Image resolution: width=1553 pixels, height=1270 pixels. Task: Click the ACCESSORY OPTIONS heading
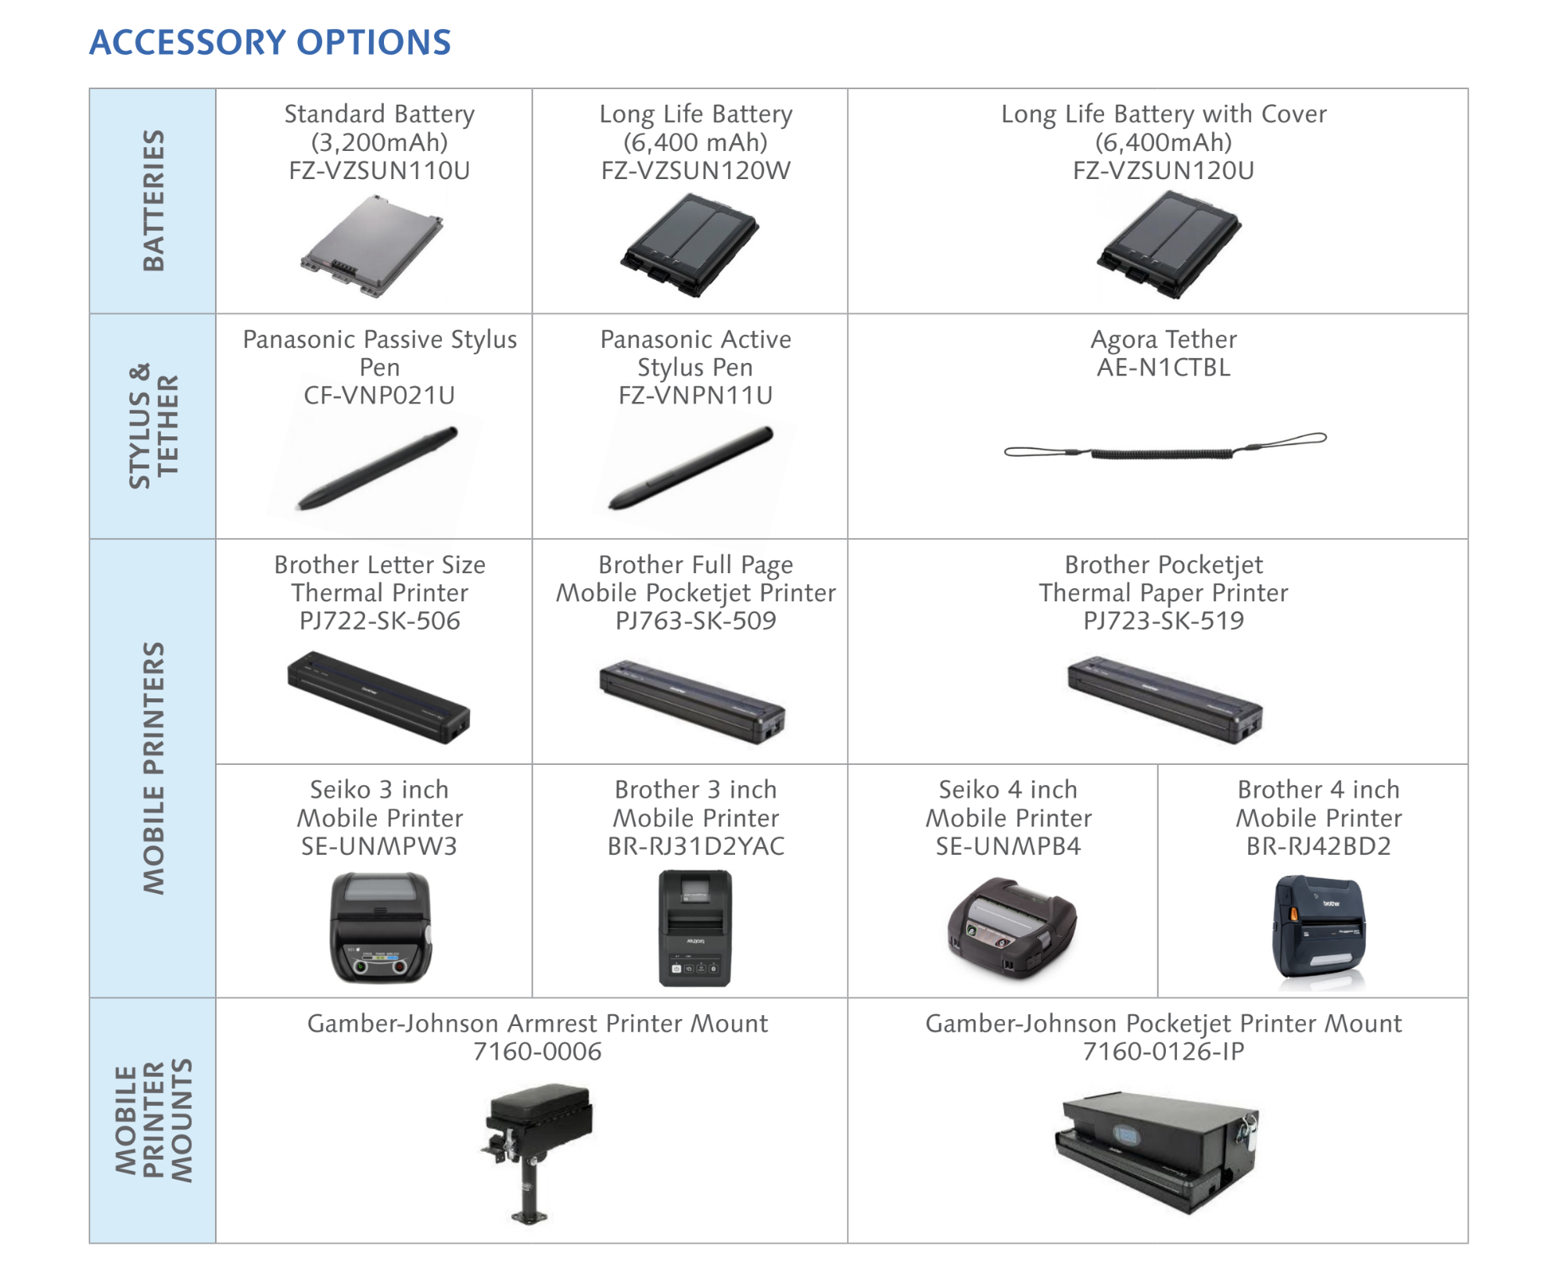point(270,42)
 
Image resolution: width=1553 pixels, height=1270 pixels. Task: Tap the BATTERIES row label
point(153,201)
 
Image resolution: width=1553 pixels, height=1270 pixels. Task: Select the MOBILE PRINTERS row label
point(153,767)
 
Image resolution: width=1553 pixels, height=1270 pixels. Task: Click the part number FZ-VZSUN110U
point(379,170)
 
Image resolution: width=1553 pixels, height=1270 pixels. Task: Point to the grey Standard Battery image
point(372,246)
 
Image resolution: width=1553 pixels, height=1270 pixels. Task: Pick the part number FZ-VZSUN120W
point(695,170)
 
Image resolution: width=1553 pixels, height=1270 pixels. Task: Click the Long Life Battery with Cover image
point(1168,246)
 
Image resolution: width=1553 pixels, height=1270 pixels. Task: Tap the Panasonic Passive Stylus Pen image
point(378,468)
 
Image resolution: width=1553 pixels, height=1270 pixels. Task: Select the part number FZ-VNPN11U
point(695,396)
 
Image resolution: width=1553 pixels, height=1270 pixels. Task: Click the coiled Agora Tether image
point(1165,446)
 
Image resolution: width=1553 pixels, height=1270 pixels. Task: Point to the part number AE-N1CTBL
point(1164,368)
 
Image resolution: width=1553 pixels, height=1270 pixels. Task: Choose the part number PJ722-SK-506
point(379,621)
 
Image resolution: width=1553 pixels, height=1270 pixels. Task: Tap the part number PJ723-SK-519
point(1164,621)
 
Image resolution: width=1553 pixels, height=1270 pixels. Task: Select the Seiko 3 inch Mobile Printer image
point(381,927)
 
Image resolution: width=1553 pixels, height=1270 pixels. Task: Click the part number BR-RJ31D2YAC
point(695,846)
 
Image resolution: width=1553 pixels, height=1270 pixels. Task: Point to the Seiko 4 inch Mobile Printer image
point(1012,927)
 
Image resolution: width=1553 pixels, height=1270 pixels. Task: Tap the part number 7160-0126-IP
point(1164,1052)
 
